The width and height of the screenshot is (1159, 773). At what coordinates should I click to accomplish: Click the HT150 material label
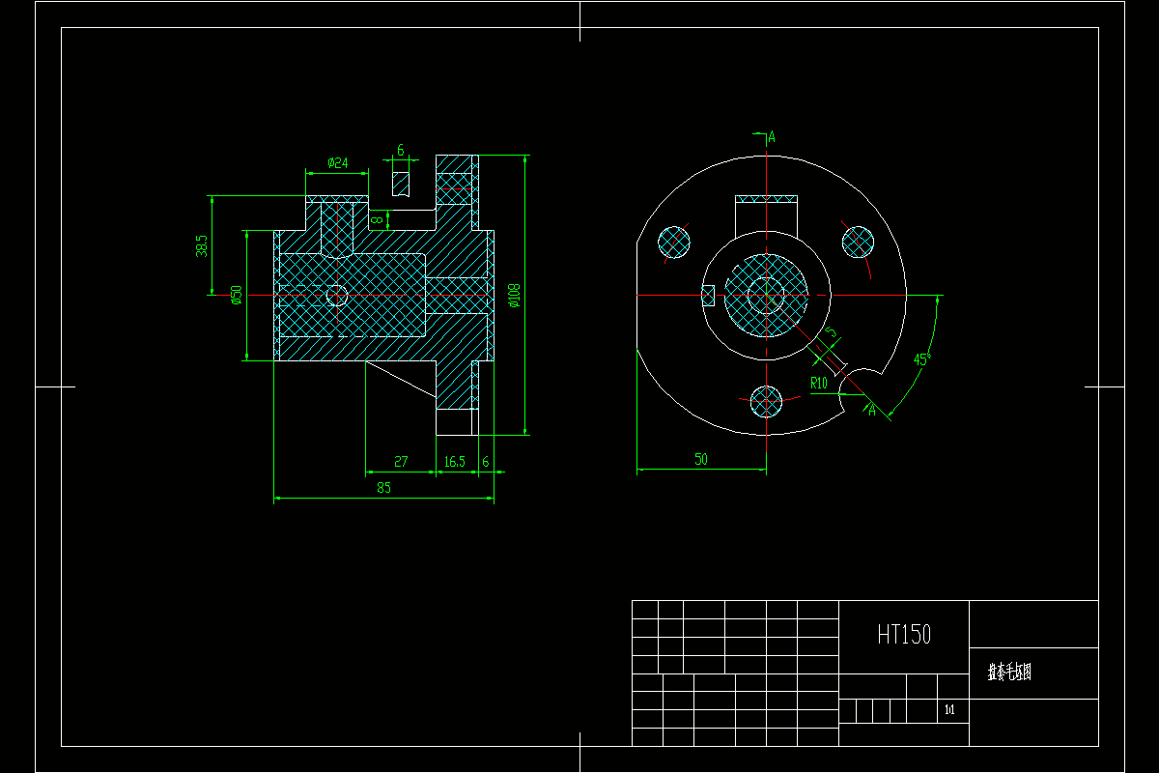tap(904, 635)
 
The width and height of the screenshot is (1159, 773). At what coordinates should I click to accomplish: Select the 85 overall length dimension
tap(383, 488)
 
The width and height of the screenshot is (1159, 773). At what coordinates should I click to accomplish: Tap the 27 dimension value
tap(401, 462)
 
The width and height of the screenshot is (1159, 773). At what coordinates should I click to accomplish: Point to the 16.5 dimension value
tap(454, 462)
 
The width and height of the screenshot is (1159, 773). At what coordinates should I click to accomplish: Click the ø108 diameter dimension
tap(514, 294)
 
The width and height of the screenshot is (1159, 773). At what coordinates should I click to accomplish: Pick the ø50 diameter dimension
tap(236, 295)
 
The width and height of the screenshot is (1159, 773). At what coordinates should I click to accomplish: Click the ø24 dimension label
tap(337, 162)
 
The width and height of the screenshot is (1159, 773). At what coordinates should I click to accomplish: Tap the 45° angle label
tap(921, 359)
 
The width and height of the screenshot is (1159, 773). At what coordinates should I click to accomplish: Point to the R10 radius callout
tap(819, 383)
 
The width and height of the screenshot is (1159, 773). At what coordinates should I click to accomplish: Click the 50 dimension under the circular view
tap(701, 460)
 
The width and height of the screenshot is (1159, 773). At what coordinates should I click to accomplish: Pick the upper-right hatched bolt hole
tap(857, 241)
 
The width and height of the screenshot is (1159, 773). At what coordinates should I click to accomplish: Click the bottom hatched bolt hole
tap(766, 400)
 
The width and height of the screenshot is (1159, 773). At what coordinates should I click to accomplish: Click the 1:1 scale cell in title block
tap(949, 710)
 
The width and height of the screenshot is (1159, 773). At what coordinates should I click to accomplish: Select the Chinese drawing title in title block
tap(1009, 673)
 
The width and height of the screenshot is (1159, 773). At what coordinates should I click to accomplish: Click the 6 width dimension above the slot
tap(401, 152)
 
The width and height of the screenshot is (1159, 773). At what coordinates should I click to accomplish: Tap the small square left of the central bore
tap(707, 295)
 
